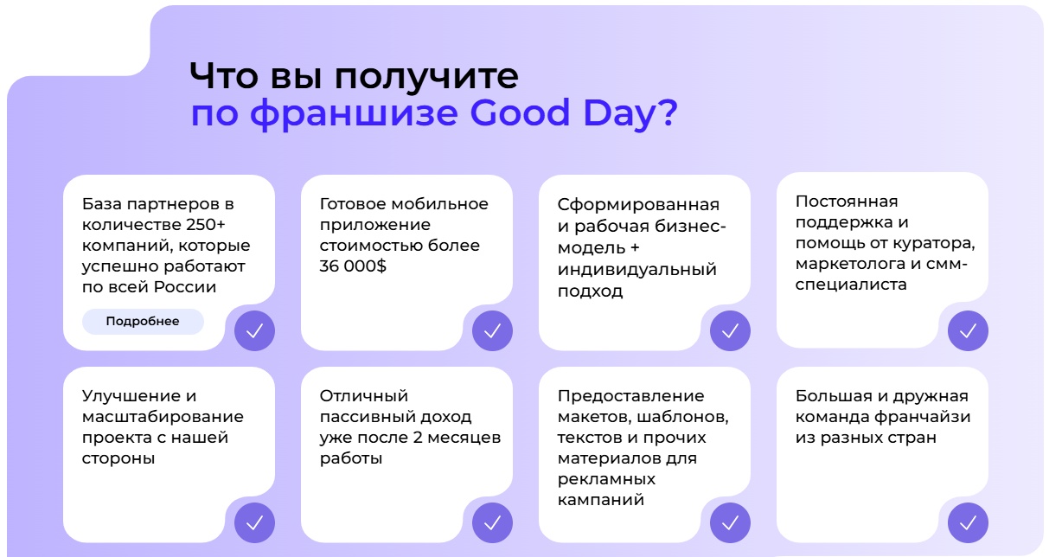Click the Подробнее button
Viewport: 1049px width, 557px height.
[143, 322]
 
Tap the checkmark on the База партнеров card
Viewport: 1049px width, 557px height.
[255, 330]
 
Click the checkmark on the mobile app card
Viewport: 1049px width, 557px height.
[492, 330]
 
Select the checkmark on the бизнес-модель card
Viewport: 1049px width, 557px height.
[730, 330]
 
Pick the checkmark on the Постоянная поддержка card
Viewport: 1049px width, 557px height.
[968, 330]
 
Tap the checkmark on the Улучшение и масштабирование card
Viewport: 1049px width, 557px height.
[255, 522]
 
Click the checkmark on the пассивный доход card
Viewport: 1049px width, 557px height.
[492, 522]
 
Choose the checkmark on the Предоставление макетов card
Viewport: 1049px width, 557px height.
[730, 522]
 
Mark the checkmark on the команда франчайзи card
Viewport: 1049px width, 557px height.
[968, 522]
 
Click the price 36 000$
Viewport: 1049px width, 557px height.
[353, 267]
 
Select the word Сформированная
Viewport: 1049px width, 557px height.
[638, 206]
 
